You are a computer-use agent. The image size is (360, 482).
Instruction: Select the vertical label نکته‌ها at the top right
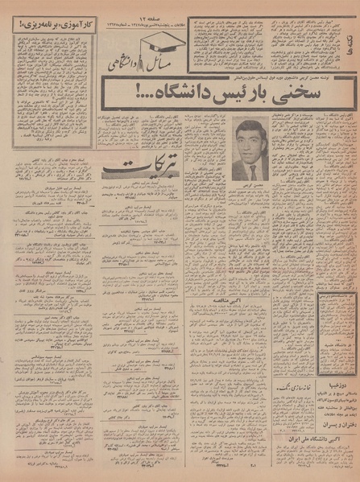click(x=352, y=32)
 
